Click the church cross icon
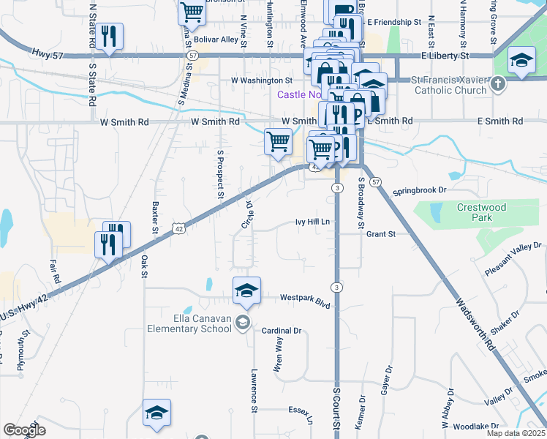tap(497, 84)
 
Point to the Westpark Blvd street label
tap(306, 298)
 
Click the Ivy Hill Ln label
tap(313, 222)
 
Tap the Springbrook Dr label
tap(420, 191)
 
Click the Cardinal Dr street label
tap(282, 331)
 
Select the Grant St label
tap(381, 234)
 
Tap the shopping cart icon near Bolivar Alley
tap(192, 12)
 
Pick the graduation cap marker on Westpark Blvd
tap(247, 291)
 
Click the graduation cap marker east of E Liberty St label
tap(521, 61)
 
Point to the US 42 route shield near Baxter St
tap(178, 229)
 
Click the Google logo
tap(25, 430)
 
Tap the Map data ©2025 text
tap(516, 433)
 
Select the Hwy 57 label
tap(48, 53)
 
